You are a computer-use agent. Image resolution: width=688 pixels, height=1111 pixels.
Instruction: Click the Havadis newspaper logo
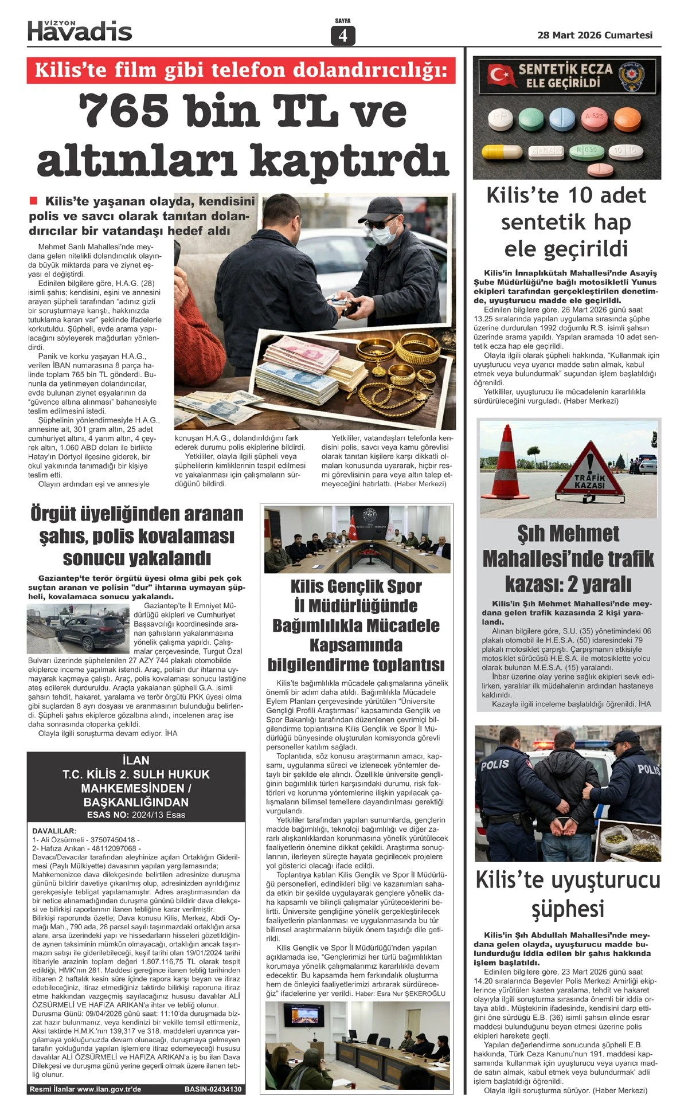pos(80,31)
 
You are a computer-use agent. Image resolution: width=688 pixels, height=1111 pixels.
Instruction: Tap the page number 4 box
pos(343,36)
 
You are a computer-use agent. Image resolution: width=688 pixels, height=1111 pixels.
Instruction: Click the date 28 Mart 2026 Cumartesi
pos(595,35)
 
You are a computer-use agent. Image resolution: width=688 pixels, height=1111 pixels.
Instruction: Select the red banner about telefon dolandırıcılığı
pos(241,70)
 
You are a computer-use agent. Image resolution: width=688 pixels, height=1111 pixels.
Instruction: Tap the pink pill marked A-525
pos(594,119)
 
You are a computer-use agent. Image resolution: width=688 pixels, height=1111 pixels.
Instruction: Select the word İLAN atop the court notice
pos(136,760)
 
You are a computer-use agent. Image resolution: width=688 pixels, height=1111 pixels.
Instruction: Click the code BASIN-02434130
pos(213,1089)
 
